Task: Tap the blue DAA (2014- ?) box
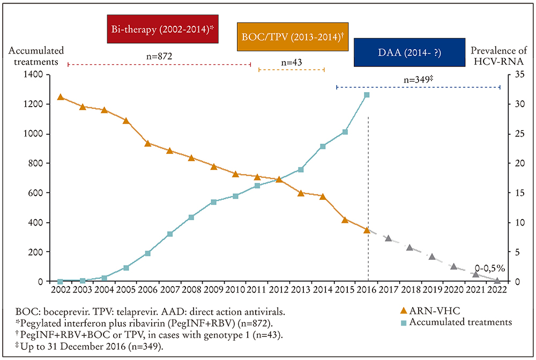pyautogui.click(x=410, y=52)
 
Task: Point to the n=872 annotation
pyautogui.click(x=159, y=55)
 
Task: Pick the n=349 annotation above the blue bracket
pyautogui.click(x=418, y=79)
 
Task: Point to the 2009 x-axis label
pyautogui.click(x=213, y=290)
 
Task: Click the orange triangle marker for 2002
pyautogui.click(x=60, y=97)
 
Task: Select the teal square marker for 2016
pyautogui.click(x=367, y=95)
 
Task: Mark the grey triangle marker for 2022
pyautogui.click(x=497, y=280)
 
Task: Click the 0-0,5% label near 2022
pyautogui.click(x=489, y=268)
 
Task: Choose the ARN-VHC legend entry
pyautogui.click(x=430, y=310)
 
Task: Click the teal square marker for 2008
pyautogui.click(x=191, y=217)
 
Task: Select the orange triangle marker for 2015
pyautogui.click(x=345, y=220)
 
